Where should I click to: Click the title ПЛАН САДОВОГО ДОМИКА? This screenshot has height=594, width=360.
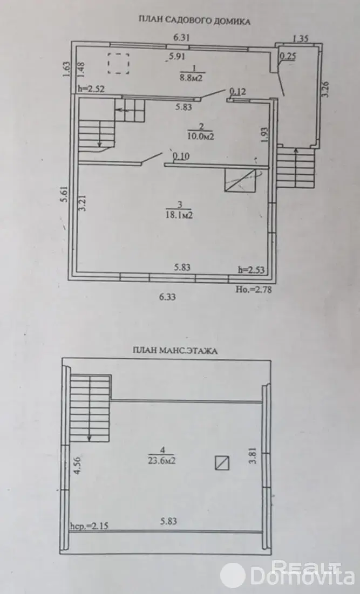[194, 21]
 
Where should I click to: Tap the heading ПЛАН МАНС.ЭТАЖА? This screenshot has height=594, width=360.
[175, 351]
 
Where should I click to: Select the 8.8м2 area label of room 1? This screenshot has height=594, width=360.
[192, 78]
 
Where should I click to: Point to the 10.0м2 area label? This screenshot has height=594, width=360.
[201, 136]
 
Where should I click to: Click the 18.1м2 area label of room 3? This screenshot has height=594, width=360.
[180, 215]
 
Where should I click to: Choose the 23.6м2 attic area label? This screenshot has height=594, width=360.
[162, 461]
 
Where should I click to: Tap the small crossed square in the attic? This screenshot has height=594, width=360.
[222, 462]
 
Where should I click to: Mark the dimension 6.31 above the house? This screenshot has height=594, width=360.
[181, 38]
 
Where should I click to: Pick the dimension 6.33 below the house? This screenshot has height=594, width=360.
[167, 297]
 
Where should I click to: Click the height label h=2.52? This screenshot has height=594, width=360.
[91, 89]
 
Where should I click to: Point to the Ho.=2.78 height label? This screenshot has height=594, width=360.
[254, 289]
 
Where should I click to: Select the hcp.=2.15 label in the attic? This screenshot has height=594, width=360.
[89, 526]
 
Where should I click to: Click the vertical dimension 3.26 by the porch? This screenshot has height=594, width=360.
[326, 90]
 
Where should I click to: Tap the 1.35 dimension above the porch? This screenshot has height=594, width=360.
[301, 38]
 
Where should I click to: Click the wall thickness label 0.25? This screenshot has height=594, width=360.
[288, 56]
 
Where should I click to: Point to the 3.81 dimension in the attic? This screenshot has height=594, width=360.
[253, 455]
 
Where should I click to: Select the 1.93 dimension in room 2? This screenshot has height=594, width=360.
[264, 135]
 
